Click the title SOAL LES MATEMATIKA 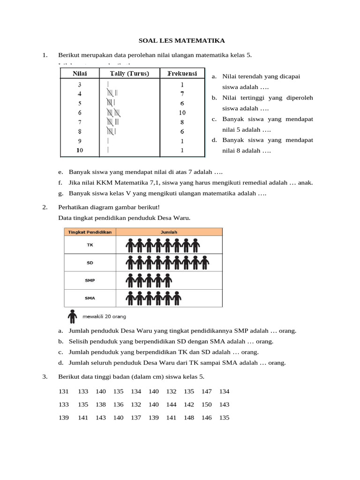point(180,41)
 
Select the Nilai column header point(79,73)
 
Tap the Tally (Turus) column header point(129,73)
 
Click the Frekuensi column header point(182,73)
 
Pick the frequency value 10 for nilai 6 point(182,112)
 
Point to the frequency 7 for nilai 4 point(182,94)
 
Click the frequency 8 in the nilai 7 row point(182,122)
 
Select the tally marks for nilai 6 point(114,112)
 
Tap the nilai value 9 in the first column point(80,141)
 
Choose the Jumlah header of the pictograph point(169,232)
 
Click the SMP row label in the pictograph point(90,280)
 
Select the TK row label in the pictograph point(90,245)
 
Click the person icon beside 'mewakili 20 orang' point(72,316)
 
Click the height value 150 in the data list point(206,405)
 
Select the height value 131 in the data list point(64,391)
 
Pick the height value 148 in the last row point(189,418)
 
